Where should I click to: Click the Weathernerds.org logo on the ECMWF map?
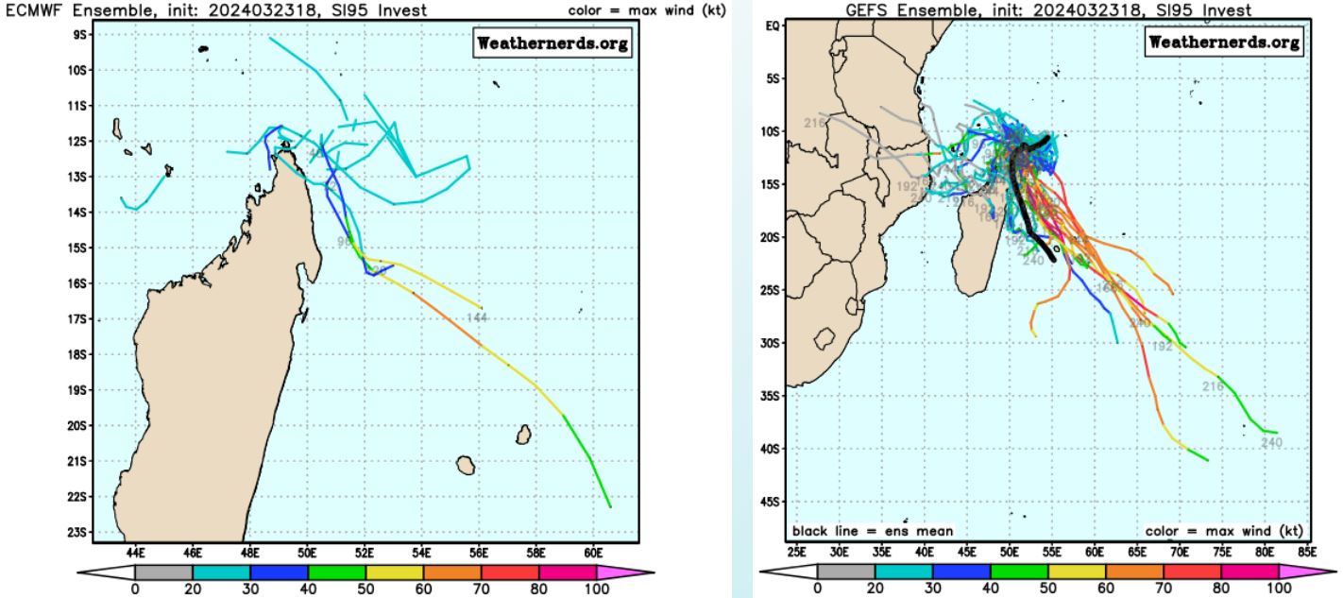click(552, 44)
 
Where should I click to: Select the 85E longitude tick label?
click(1309, 551)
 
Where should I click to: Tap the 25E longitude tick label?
click(796, 551)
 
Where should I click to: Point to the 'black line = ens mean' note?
click(873, 531)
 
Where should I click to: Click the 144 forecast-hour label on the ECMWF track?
click(477, 317)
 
